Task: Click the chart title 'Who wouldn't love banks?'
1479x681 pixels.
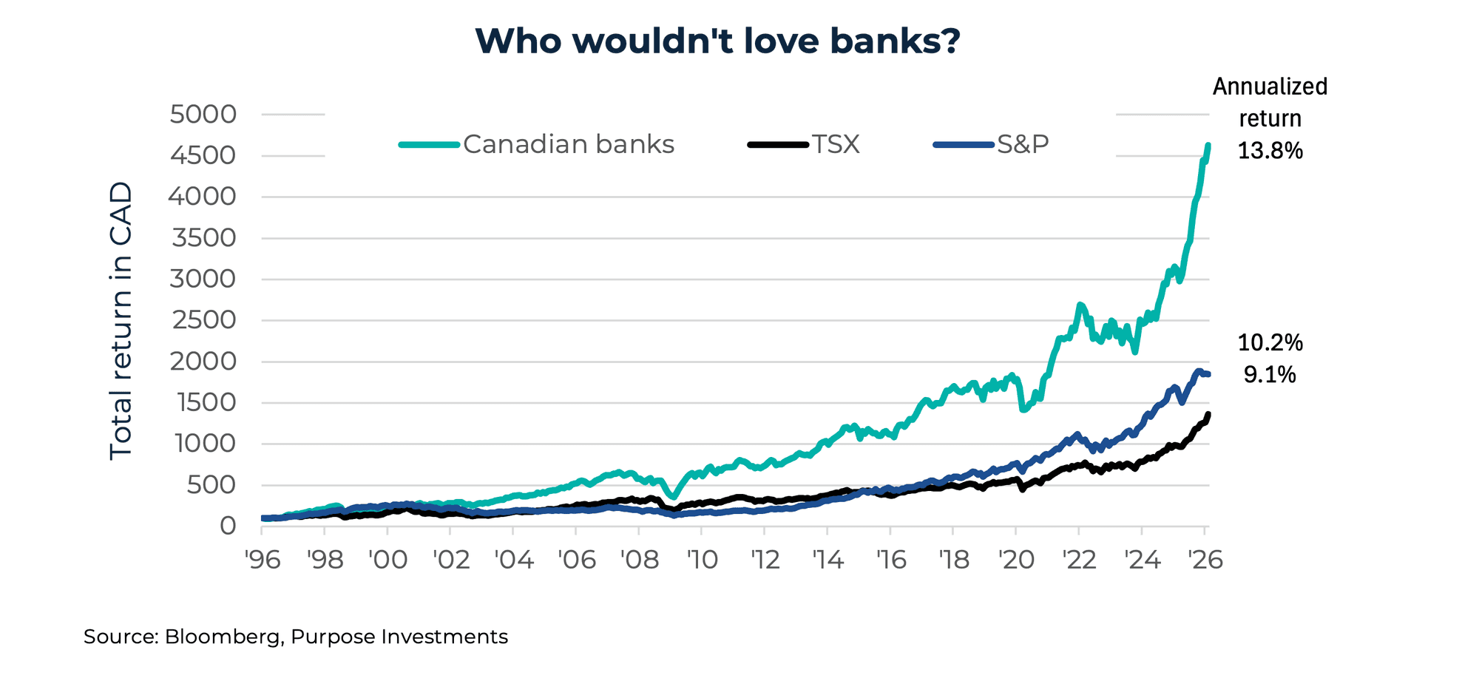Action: coord(717,41)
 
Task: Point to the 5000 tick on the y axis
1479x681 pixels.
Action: coord(203,115)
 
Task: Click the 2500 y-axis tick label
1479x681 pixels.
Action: coord(203,320)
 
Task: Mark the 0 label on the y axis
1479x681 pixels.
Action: coord(228,526)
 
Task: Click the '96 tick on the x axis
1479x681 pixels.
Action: coord(263,560)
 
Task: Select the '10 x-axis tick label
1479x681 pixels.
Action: coord(702,560)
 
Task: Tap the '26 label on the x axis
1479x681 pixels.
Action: coord(1205,560)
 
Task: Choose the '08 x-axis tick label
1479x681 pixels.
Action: coord(639,560)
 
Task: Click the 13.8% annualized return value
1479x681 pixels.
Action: coord(1270,151)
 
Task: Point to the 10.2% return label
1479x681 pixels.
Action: coord(1270,342)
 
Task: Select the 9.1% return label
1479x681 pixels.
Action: coord(1270,375)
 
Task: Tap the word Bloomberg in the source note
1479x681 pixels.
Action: coord(223,637)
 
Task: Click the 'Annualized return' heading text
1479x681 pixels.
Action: coord(1270,102)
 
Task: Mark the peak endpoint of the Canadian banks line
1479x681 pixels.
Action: coord(1208,146)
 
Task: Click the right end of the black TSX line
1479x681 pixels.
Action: coord(1208,415)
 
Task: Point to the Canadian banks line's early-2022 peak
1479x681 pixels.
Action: coord(1080,305)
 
